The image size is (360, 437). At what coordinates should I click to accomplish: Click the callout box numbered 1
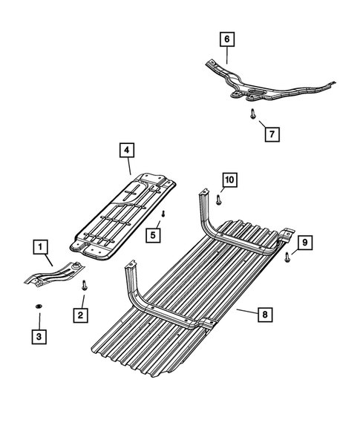point(40,247)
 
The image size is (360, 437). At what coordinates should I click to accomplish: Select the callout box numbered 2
point(81,315)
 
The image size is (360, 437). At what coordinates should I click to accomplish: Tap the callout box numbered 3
point(39,337)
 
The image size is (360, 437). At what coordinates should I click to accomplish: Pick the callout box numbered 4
point(127,150)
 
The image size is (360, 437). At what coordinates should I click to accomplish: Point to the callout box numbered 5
point(153,235)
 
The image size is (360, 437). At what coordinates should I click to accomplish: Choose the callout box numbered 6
point(227,39)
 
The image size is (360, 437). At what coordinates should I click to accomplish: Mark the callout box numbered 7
point(272,134)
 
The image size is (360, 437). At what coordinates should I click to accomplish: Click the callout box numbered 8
point(265,315)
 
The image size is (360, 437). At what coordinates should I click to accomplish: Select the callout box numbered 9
point(305,243)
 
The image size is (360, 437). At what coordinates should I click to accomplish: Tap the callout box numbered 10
point(229,180)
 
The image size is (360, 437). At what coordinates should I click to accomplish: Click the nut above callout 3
point(39,306)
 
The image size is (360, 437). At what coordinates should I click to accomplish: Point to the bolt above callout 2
point(84,286)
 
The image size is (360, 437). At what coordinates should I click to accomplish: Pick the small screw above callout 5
point(163,214)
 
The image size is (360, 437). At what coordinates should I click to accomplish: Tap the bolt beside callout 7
point(252,114)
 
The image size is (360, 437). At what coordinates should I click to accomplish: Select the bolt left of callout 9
point(287,257)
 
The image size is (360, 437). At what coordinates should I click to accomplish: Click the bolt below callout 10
point(219,200)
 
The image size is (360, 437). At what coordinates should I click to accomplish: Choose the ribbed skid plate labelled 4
point(122,217)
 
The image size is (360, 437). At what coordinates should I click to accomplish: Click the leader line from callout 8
point(247,312)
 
